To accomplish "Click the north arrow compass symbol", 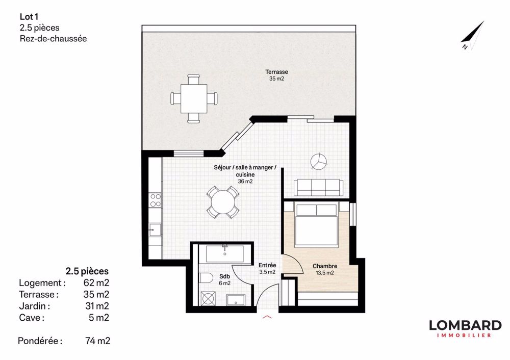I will pos(473,36).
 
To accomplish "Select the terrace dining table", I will pos(194,98).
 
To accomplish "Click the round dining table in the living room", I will pos(223,202).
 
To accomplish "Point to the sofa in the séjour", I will pos(318,187).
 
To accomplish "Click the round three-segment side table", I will pos(319,162).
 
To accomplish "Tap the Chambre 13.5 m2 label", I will pos(324,269).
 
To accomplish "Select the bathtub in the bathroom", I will pos(224,253).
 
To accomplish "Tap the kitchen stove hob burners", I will pos(155,199).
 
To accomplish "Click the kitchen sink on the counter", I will pos(155,230).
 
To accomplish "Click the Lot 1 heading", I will pos(29,17).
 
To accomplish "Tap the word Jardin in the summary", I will pos(34,306).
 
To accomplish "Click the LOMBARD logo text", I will pos(465,325).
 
